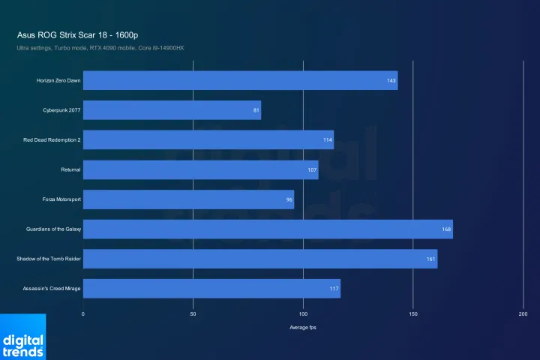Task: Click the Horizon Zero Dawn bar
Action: [x=240, y=80]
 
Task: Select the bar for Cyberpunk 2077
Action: [x=172, y=110]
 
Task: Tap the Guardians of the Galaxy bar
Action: [x=268, y=229]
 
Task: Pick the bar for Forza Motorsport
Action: [x=188, y=199]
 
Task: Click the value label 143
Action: [x=391, y=80]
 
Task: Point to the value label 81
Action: [x=256, y=110]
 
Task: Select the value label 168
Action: [x=446, y=229]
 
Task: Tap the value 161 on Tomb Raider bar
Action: [x=431, y=259]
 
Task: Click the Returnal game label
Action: [x=71, y=169]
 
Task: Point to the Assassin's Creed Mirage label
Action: [x=52, y=289]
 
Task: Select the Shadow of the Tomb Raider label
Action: [x=49, y=259]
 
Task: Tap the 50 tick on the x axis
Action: [x=193, y=313]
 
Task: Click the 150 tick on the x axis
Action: [x=413, y=313]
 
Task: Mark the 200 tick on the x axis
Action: [x=523, y=313]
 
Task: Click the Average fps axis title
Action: [x=303, y=328]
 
